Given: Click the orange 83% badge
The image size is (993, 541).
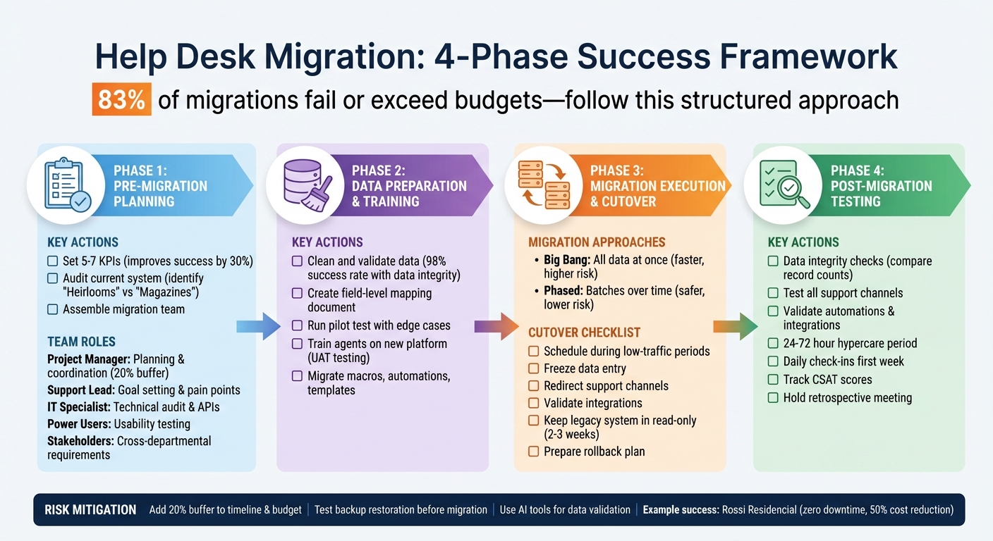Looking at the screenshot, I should point(121,100).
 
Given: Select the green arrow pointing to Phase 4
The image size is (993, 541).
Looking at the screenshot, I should point(736,326).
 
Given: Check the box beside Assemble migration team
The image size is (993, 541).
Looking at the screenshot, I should point(53,309).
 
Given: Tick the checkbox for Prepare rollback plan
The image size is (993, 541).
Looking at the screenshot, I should point(534,452).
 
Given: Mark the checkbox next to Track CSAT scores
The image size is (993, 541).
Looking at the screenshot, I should point(773,380).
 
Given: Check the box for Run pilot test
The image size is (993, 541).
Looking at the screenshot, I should point(298,325).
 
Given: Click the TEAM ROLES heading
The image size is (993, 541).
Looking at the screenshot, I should point(81,342).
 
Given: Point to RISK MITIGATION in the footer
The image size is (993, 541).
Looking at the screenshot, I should point(90,510).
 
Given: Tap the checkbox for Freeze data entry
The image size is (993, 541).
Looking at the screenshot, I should point(534,368).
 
